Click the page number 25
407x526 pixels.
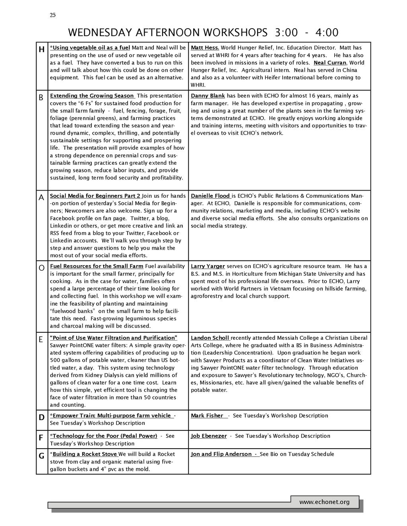click(x=53, y=15)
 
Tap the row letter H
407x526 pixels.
click(x=41, y=50)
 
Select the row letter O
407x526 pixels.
click(x=41, y=268)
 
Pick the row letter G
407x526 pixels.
click(x=41, y=456)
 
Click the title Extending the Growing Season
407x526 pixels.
click(x=92, y=96)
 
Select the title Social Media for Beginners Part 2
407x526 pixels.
click(x=95, y=196)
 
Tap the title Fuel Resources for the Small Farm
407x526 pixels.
click(x=97, y=266)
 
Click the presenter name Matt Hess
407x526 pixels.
click(x=205, y=48)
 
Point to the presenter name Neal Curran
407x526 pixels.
click(x=330, y=63)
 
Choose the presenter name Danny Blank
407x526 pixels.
click(x=208, y=96)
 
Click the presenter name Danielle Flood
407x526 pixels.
click(x=210, y=196)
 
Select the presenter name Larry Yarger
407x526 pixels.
click(x=208, y=266)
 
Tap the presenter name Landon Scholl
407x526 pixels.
click(x=210, y=338)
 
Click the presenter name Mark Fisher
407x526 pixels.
click(x=207, y=416)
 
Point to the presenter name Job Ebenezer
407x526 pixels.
click(x=209, y=436)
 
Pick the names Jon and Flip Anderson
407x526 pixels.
click(x=221, y=454)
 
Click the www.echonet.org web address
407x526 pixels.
click(x=324, y=502)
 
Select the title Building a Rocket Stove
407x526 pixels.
click(x=85, y=454)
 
